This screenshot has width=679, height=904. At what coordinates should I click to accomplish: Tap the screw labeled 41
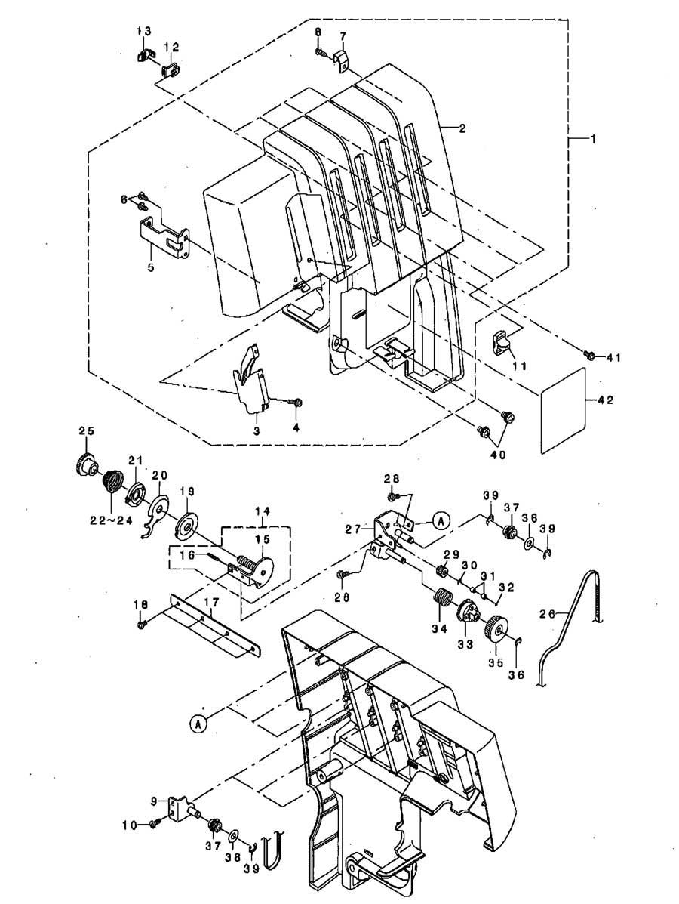pos(588,356)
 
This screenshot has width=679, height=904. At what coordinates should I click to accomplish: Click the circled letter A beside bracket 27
pos(440,520)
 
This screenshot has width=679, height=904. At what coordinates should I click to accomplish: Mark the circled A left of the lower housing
pos(197,722)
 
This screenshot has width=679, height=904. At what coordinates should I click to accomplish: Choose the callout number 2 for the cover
pos(462,128)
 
